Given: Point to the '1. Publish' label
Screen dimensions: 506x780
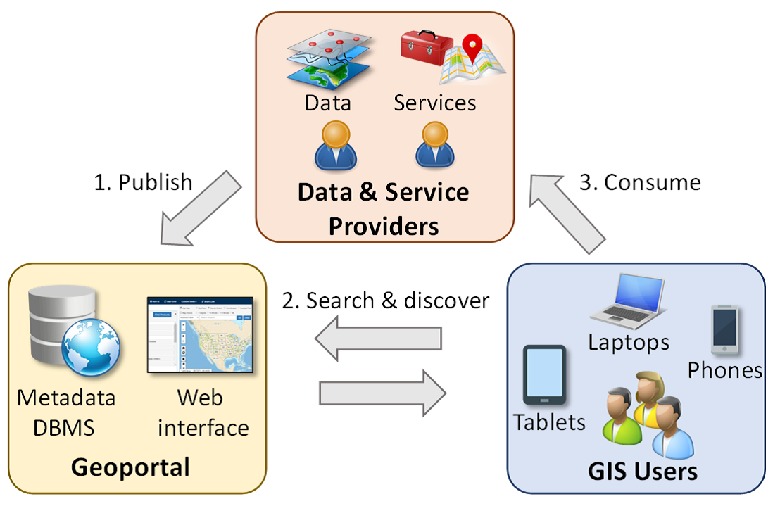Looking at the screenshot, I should coord(143,182).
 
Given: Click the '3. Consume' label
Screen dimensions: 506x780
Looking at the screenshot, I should coord(640,182).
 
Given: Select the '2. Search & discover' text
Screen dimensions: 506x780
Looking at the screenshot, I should coord(386,301).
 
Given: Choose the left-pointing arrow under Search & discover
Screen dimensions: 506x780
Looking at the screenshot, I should coord(377,341).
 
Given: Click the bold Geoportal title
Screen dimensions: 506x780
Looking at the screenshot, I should coord(131,467).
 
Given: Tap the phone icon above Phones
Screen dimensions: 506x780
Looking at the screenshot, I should coord(724,329).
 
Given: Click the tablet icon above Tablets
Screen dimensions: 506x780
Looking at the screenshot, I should coord(544,377).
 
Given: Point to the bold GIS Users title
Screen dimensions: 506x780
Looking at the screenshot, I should coord(643,471).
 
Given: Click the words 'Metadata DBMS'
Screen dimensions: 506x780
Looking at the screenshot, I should coord(66,412).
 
